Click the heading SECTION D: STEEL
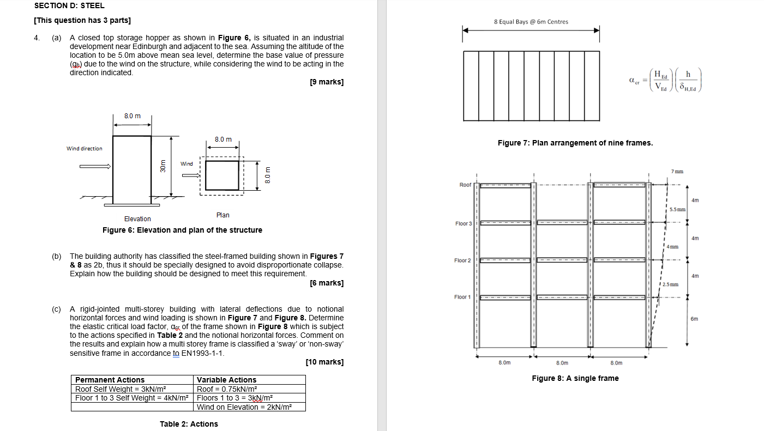[69, 5]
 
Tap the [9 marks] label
[326, 82]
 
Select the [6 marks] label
[326, 283]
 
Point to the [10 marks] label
[324, 362]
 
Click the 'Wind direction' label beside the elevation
[84, 148]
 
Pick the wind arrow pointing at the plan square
[191, 175]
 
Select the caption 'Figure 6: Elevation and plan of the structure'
[182, 230]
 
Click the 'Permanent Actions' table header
[110, 380]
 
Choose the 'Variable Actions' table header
[226, 380]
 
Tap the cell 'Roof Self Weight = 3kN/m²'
[120, 389]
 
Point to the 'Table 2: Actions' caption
[189, 424]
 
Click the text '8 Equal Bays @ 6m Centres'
[531, 22]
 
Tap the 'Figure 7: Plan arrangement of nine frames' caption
[575, 143]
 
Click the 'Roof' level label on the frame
[465, 185]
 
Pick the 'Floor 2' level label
[462, 260]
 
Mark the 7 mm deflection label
[676, 172]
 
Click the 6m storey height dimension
[694, 319]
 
